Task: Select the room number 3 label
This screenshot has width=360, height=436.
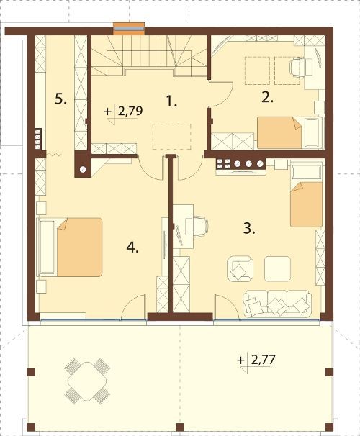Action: (x=249, y=229)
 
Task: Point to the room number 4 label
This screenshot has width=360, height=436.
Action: (x=132, y=247)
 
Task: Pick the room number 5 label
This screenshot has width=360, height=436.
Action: (x=60, y=99)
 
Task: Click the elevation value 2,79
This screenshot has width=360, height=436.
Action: (x=130, y=111)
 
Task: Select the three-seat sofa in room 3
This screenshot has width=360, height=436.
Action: (x=277, y=304)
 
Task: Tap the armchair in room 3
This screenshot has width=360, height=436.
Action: (x=240, y=269)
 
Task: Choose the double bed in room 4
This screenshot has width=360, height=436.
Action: (x=71, y=247)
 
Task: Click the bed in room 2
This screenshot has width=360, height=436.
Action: (x=290, y=133)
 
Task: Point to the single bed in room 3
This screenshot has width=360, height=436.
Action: (x=306, y=196)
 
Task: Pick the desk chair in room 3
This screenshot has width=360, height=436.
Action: (x=199, y=227)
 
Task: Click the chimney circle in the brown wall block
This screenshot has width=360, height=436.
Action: (x=83, y=169)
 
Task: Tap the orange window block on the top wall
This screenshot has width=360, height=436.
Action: (x=129, y=29)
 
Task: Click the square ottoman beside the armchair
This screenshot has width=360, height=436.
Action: (x=277, y=269)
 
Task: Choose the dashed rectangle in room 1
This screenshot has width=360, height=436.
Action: (x=171, y=137)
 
